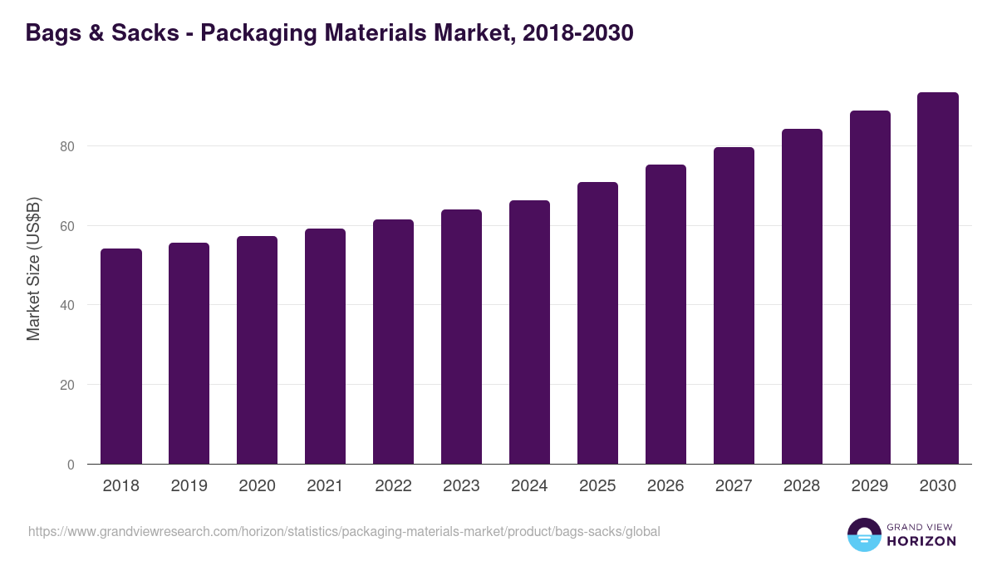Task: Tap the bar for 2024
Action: pyautogui.click(x=529, y=332)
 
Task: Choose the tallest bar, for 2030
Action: pyautogui.click(x=938, y=278)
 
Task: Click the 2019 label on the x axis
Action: pyautogui.click(x=189, y=486)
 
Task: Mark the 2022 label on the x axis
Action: pyautogui.click(x=393, y=486)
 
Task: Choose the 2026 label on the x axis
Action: pyautogui.click(x=665, y=486)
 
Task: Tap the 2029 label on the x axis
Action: pyautogui.click(x=870, y=486)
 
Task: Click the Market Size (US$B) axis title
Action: pyautogui.click(x=34, y=268)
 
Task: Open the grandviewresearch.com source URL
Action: pyautogui.click(x=344, y=531)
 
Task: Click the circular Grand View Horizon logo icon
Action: pyautogui.click(x=863, y=534)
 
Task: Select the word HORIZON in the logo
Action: pyautogui.click(x=921, y=541)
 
